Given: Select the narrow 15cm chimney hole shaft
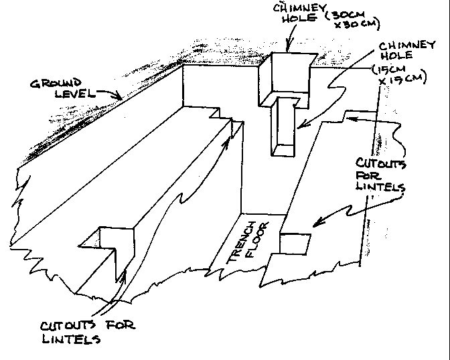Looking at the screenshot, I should [x=284, y=127].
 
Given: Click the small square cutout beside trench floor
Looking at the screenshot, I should [x=295, y=244].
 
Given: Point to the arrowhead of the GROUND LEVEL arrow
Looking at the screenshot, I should [x=121, y=98].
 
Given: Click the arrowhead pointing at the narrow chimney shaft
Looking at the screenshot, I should [x=299, y=126].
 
